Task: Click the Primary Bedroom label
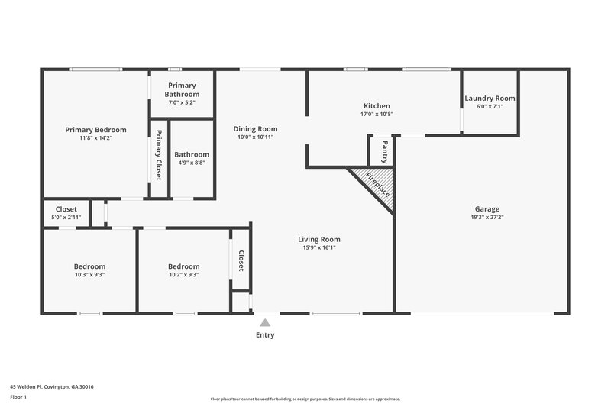[x=95, y=130]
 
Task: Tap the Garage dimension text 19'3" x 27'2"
[x=487, y=218]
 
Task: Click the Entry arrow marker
[x=265, y=323]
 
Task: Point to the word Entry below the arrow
[x=265, y=335]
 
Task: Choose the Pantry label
[x=384, y=150]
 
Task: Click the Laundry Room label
[x=490, y=99]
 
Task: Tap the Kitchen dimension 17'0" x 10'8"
[x=377, y=115]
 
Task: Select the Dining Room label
[x=255, y=129]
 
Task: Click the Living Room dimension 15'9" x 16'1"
[x=319, y=247]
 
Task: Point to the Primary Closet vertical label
[x=159, y=155]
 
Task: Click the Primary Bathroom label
[x=182, y=90]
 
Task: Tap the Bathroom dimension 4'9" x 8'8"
[x=191, y=163]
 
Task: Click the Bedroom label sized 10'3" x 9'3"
[x=90, y=266]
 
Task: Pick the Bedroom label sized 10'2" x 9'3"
[x=184, y=266]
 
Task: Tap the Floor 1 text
[x=19, y=398]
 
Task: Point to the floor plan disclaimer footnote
[x=305, y=399]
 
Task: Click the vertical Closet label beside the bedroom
[x=241, y=260]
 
